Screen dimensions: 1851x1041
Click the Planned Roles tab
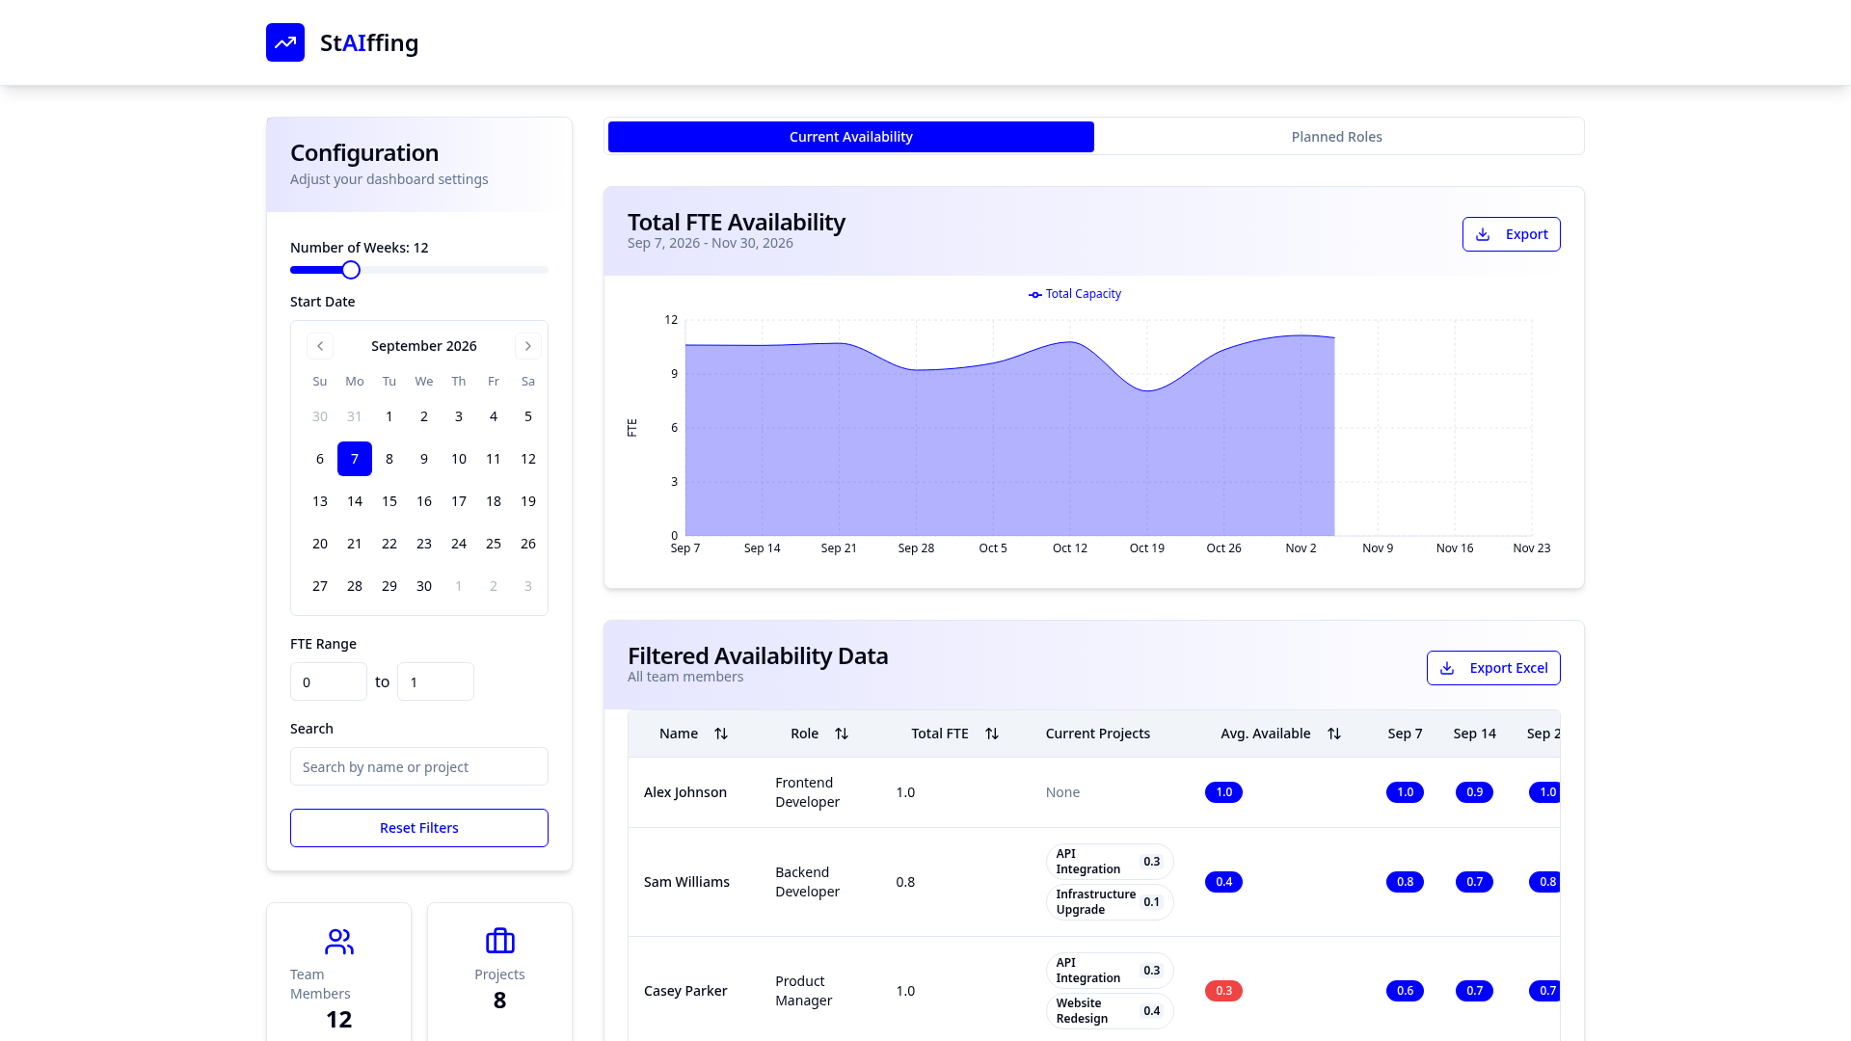click(1336, 137)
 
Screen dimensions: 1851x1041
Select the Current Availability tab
click(851, 137)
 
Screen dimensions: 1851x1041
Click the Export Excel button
click(1493, 668)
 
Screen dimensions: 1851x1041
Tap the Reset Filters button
click(419, 828)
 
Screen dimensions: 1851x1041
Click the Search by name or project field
click(419, 766)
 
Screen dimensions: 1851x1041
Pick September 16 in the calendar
click(424, 501)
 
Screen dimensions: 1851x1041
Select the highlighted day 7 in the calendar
click(355, 459)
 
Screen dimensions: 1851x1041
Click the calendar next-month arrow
click(528, 346)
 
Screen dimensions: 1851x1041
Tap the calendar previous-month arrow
click(320, 346)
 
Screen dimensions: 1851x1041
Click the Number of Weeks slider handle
click(351, 270)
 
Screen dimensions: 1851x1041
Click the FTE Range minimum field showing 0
click(329, 681)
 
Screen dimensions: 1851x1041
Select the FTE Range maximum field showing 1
click(436, 681)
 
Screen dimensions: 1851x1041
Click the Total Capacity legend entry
click(1075, 294)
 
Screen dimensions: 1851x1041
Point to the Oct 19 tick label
click(1147, 548)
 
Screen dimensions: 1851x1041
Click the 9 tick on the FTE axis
click(675, 374)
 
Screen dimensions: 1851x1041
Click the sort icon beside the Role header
click(842, 734)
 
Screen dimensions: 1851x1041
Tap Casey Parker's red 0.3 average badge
click(1223, 991)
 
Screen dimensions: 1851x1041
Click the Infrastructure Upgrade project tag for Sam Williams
click(1110, 902)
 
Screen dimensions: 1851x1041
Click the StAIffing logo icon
click(285, 42)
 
